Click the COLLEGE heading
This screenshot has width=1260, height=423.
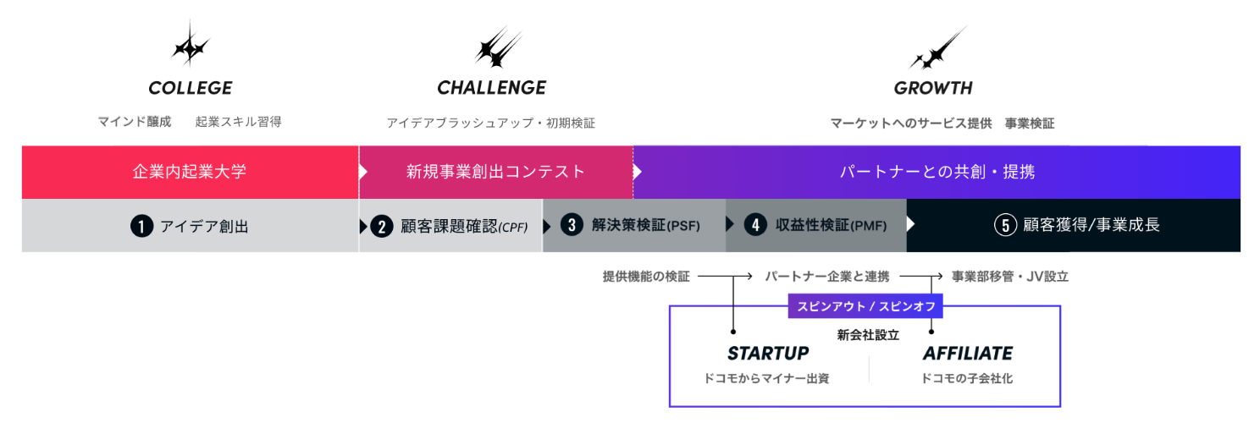click(190, 88)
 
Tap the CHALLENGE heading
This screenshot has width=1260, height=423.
click(491, 88)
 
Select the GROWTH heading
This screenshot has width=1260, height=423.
click(933, 88)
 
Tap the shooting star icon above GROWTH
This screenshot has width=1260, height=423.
click(937, 49)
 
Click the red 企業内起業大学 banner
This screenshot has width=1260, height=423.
click(190, 172)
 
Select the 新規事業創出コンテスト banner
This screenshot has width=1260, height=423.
click(495, 172)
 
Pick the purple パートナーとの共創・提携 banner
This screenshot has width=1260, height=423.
click(937, 172)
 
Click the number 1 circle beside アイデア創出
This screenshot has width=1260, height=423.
click(141, 226)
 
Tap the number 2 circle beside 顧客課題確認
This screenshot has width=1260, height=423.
click(382, 226)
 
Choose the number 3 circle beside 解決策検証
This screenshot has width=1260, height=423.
click(572, 225)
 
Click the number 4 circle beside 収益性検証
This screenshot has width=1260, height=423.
click(755, 225)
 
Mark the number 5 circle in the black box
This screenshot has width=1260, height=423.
click(1005, 225)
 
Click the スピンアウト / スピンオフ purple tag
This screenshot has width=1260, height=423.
click(865, 306)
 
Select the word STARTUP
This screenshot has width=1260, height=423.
click(768, 353)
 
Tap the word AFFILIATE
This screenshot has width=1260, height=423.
click(967, 353)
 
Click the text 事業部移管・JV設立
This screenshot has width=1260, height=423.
click(1009, 277)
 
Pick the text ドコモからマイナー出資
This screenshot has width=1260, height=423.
click(766, 378)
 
